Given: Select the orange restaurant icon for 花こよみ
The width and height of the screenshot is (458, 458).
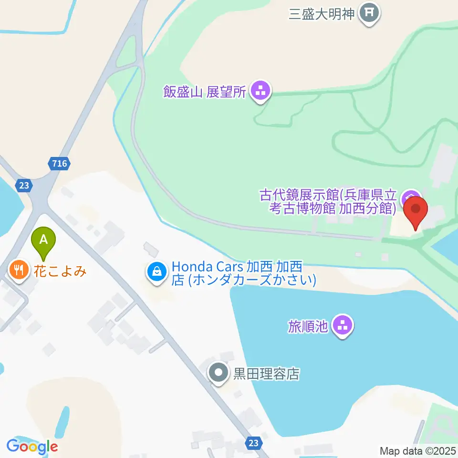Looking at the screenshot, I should click(19, 271).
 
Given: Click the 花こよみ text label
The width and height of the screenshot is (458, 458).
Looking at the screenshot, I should click(60, 271).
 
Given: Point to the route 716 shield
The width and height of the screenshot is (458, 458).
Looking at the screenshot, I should click(60, 164).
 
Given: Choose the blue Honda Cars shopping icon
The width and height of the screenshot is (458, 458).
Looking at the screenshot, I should click(156, 272).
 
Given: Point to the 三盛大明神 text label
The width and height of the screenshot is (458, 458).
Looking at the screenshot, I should click(322, 13).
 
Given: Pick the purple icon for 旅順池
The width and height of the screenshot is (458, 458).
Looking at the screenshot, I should click(342, 326).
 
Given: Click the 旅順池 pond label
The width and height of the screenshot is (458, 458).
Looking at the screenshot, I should click(308, 326).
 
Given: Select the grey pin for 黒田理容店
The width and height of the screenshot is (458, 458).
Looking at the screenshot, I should click(219, 373).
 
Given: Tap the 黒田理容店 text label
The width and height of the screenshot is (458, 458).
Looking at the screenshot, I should click(266, 374).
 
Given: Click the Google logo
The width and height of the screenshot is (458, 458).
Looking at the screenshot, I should click(32, 447).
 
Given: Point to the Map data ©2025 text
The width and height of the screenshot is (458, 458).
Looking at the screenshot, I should click(418, 450).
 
